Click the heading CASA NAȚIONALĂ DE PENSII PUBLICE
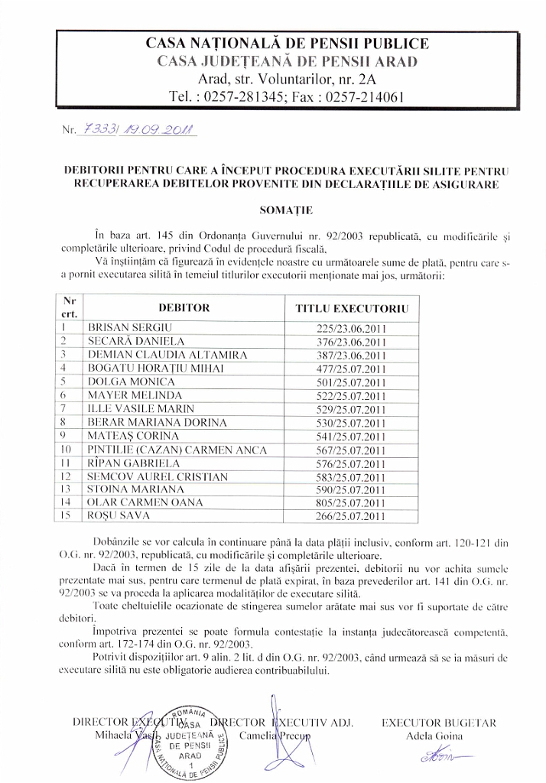point(287,44)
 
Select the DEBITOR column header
point(184,308)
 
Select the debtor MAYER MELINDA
point(135,395)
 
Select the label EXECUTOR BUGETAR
point(439,722)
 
